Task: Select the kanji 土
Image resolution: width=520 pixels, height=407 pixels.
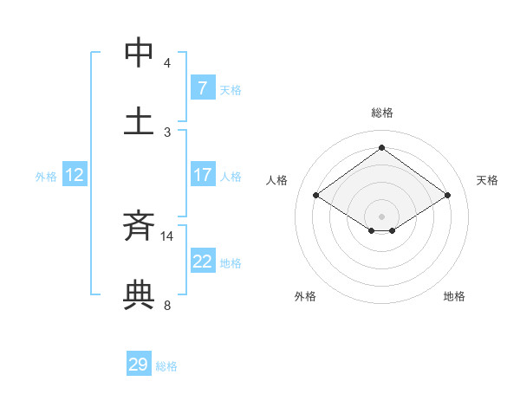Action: pos(139,120)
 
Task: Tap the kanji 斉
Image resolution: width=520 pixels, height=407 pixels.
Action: pos(139,226)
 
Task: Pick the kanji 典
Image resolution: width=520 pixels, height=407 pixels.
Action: pos(139,295)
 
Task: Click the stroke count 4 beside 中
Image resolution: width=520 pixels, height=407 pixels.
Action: pos(166,62)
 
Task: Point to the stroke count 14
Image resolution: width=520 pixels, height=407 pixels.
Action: pos(167,236)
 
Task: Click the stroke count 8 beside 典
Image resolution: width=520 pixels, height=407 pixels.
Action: pos(166,305)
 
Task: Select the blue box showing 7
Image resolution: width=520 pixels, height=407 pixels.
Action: pos(202,87)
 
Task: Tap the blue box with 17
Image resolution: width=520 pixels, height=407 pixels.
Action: pos(202,175)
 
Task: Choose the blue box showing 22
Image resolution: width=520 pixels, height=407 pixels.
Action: pos(202,262)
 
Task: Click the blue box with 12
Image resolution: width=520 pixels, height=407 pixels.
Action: pos(74,175)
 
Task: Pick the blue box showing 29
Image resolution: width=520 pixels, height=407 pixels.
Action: pos(139,365)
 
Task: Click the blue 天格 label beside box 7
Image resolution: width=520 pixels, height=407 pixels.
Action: pos(231,89)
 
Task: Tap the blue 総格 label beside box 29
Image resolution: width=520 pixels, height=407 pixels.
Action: pos(166,366)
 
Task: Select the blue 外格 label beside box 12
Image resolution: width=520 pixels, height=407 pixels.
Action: pos(46,177)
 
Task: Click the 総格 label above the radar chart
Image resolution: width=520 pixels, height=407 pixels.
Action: pos(382,113)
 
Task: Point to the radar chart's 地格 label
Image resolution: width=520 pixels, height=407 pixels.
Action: pos(454,296)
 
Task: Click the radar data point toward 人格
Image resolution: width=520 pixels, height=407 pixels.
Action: pos(316,196)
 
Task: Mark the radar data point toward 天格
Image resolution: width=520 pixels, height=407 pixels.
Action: pos(447,196)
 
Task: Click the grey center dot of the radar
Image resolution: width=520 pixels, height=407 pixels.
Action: pos(382,216)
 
